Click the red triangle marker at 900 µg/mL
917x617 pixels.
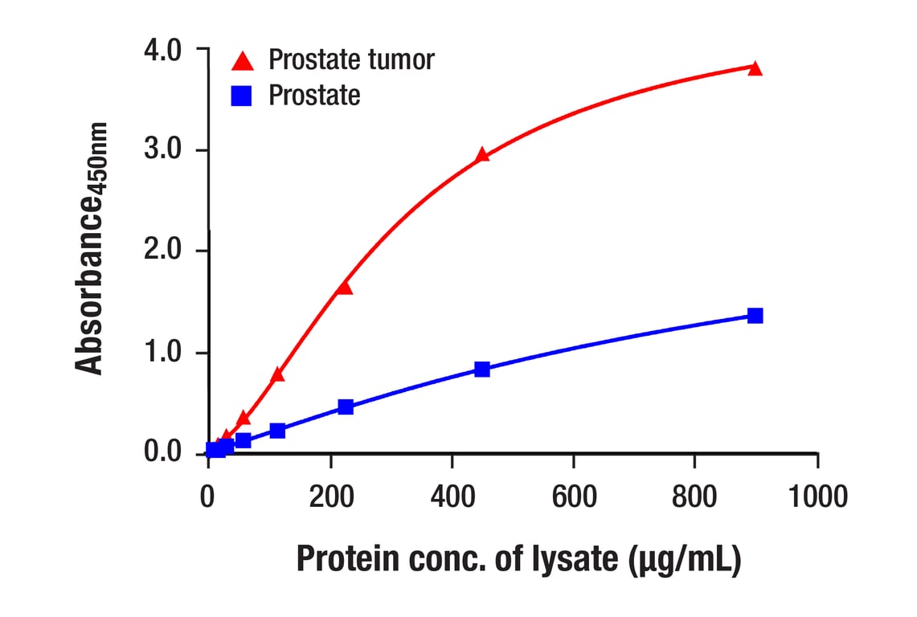755,68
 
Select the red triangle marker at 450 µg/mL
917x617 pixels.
482,155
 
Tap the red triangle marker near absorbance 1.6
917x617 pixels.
345,287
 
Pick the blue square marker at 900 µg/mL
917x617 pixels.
755,316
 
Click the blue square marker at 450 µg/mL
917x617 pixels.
482,369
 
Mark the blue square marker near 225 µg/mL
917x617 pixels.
346,407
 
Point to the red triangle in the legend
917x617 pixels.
242,60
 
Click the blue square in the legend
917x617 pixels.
242,96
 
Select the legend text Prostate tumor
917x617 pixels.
351,59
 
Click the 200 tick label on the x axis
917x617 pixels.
330,496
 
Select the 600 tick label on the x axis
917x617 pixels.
573,496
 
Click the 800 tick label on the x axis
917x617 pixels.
694,496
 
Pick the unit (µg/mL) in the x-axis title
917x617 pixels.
684,559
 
